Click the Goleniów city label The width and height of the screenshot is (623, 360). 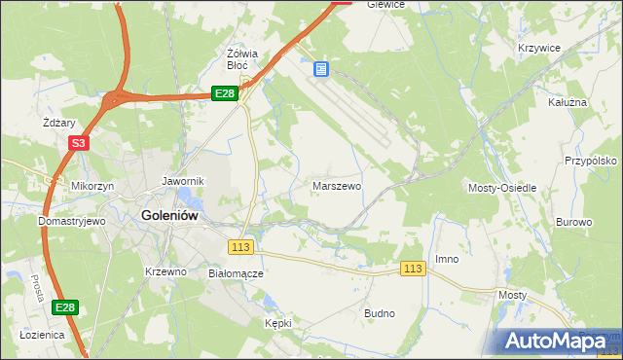pyautogui.click(x=171, y=216)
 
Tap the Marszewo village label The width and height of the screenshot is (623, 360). pyautogui.click(x=337, y=185)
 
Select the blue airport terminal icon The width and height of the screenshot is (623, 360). pyautogui.click(x=322, y=69)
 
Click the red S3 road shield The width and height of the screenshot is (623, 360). pyautogui.click(x=79, y=143)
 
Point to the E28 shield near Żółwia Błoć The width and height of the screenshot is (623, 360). pyautogui.click(x=225, y=93)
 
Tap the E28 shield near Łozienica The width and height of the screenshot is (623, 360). pyautogui.click(x=64, y=308)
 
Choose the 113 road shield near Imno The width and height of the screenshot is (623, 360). pyautogui.click(x=413, y=269)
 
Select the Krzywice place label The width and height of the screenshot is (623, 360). pyautogui.click(x=536, y=48)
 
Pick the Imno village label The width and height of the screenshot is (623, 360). pyautogui.click(x=447, y=259)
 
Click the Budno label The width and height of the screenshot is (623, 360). pyautogui.click(x=379, y=313)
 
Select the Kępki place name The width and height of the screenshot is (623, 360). pyautogui.click(x=277, y=322)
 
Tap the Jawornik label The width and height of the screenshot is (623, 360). pyautogui.click(x=182, y=181)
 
